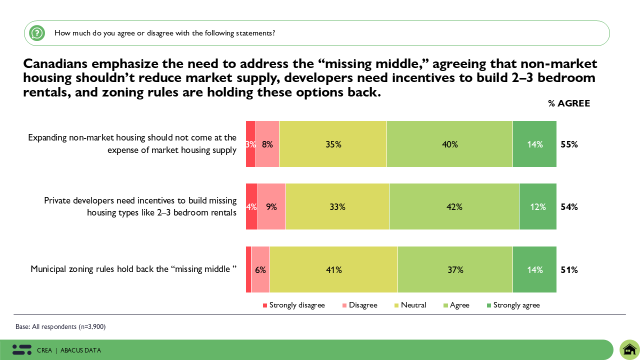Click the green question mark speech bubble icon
point(37,33)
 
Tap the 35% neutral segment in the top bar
point(333,144)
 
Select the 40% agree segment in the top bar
point(449,144)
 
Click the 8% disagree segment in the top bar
point(267,144)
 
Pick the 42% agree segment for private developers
point(454,206)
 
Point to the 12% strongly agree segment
point(538,206)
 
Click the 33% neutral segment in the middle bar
point(337,206)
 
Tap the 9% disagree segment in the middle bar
point(271,206)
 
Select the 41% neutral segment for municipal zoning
point(333,269)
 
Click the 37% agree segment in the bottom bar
point(455,269)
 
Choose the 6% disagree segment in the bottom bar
point(260,269)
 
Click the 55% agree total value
point(569,144)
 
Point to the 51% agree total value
point(569,270)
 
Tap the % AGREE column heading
point(569,103)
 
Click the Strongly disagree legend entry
point(294,305)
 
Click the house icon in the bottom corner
point(629,349)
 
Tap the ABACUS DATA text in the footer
point(80,350)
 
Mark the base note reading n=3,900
point(60,326)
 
